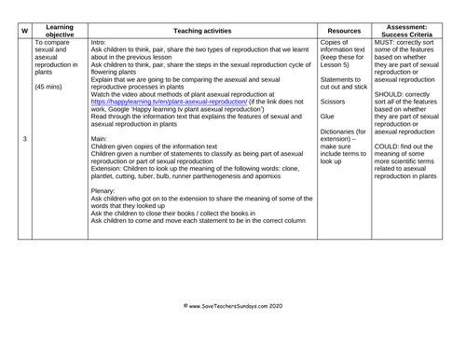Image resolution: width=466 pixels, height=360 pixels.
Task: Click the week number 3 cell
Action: click(23, 138)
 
